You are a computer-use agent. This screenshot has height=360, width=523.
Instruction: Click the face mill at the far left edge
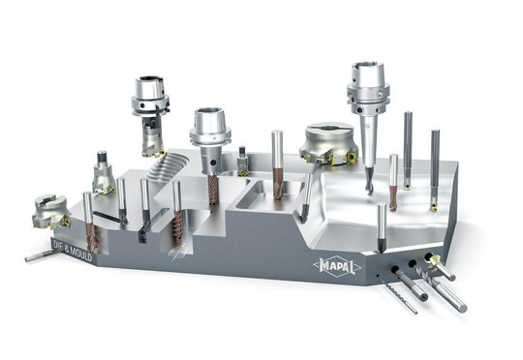point(48,209)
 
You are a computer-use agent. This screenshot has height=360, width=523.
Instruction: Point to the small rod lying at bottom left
point(39,255)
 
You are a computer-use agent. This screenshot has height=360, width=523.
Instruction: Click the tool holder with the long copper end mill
point(209,140)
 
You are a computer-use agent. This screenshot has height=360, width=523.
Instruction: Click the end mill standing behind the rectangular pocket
point(277,165)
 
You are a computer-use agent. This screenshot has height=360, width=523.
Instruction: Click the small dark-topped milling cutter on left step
point(103,174)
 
